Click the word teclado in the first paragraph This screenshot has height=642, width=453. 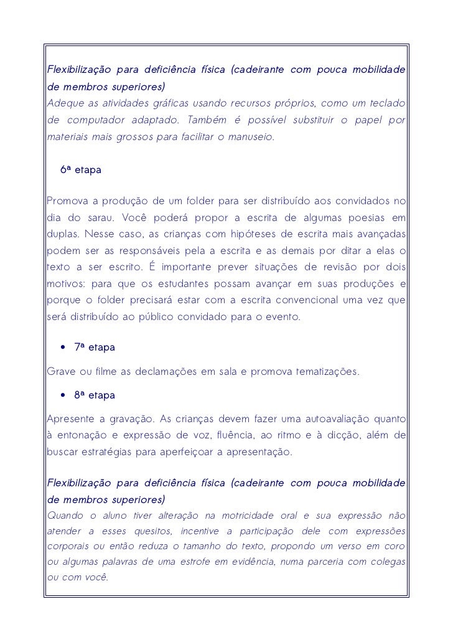click(x=386, y=102)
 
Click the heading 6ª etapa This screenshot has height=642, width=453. click(x=80, y=169)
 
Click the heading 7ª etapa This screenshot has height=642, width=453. click(x=95, y=347)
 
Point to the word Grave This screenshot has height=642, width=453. click(x=60, y=372)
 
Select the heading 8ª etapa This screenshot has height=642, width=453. click(x=95, y=395)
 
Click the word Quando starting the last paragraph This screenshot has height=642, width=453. click(x=65, y=516)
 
